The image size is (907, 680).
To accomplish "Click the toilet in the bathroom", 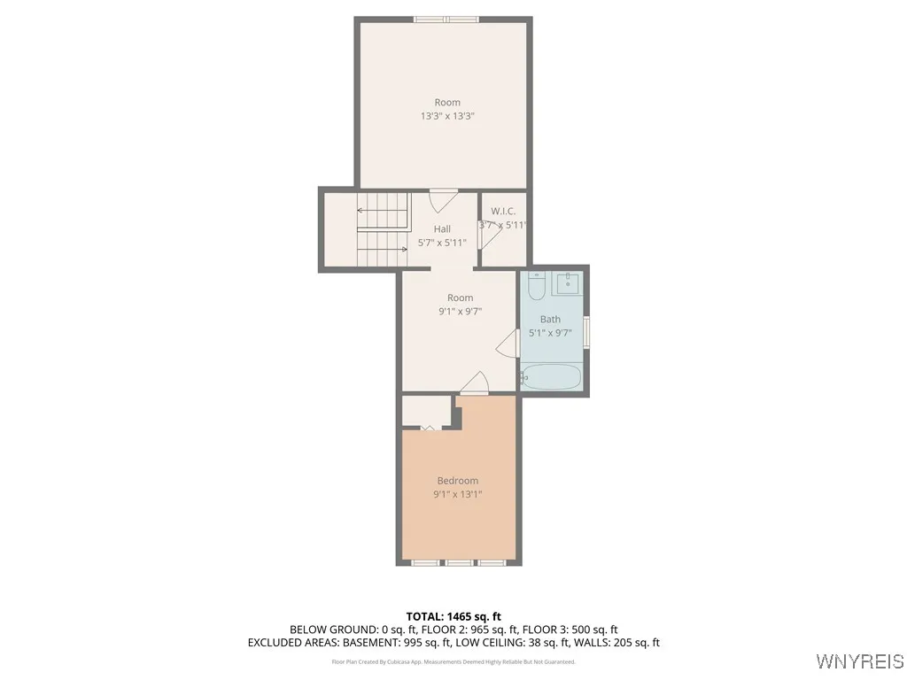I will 537,287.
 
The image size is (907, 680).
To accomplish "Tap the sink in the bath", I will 567,284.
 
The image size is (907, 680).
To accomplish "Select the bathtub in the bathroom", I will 550,377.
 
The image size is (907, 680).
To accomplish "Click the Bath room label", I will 550,319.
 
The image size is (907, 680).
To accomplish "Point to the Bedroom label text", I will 457,481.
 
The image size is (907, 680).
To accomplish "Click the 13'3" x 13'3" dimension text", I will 447,116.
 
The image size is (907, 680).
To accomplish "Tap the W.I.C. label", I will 503,211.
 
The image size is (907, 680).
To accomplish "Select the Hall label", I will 442,229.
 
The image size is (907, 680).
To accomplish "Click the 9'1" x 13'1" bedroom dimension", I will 457,494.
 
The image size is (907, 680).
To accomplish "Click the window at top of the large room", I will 446,19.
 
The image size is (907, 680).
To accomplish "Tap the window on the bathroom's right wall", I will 587,332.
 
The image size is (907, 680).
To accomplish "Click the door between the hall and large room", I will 443,199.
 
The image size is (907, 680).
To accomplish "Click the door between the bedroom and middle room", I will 475,382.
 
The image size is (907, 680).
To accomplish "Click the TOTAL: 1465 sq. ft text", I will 453,616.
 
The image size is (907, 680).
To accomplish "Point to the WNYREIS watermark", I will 858,661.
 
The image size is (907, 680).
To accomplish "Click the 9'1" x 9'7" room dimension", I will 460,312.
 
